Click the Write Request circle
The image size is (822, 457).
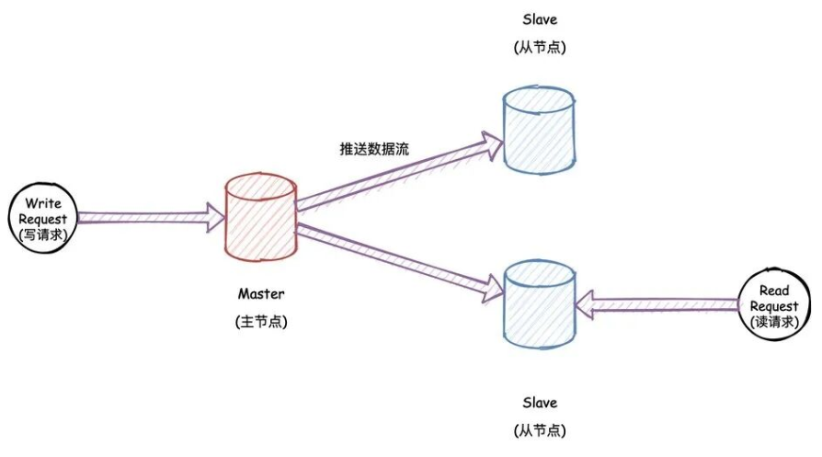point(42,218)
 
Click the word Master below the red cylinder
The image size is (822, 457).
point(261,294)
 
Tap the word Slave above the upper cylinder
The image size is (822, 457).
point(540,19)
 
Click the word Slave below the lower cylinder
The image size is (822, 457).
point(540,403)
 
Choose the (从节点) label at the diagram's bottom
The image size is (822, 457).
point(540,430)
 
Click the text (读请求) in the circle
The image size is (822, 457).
point(775,321)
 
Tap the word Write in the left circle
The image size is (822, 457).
point(42,202)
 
